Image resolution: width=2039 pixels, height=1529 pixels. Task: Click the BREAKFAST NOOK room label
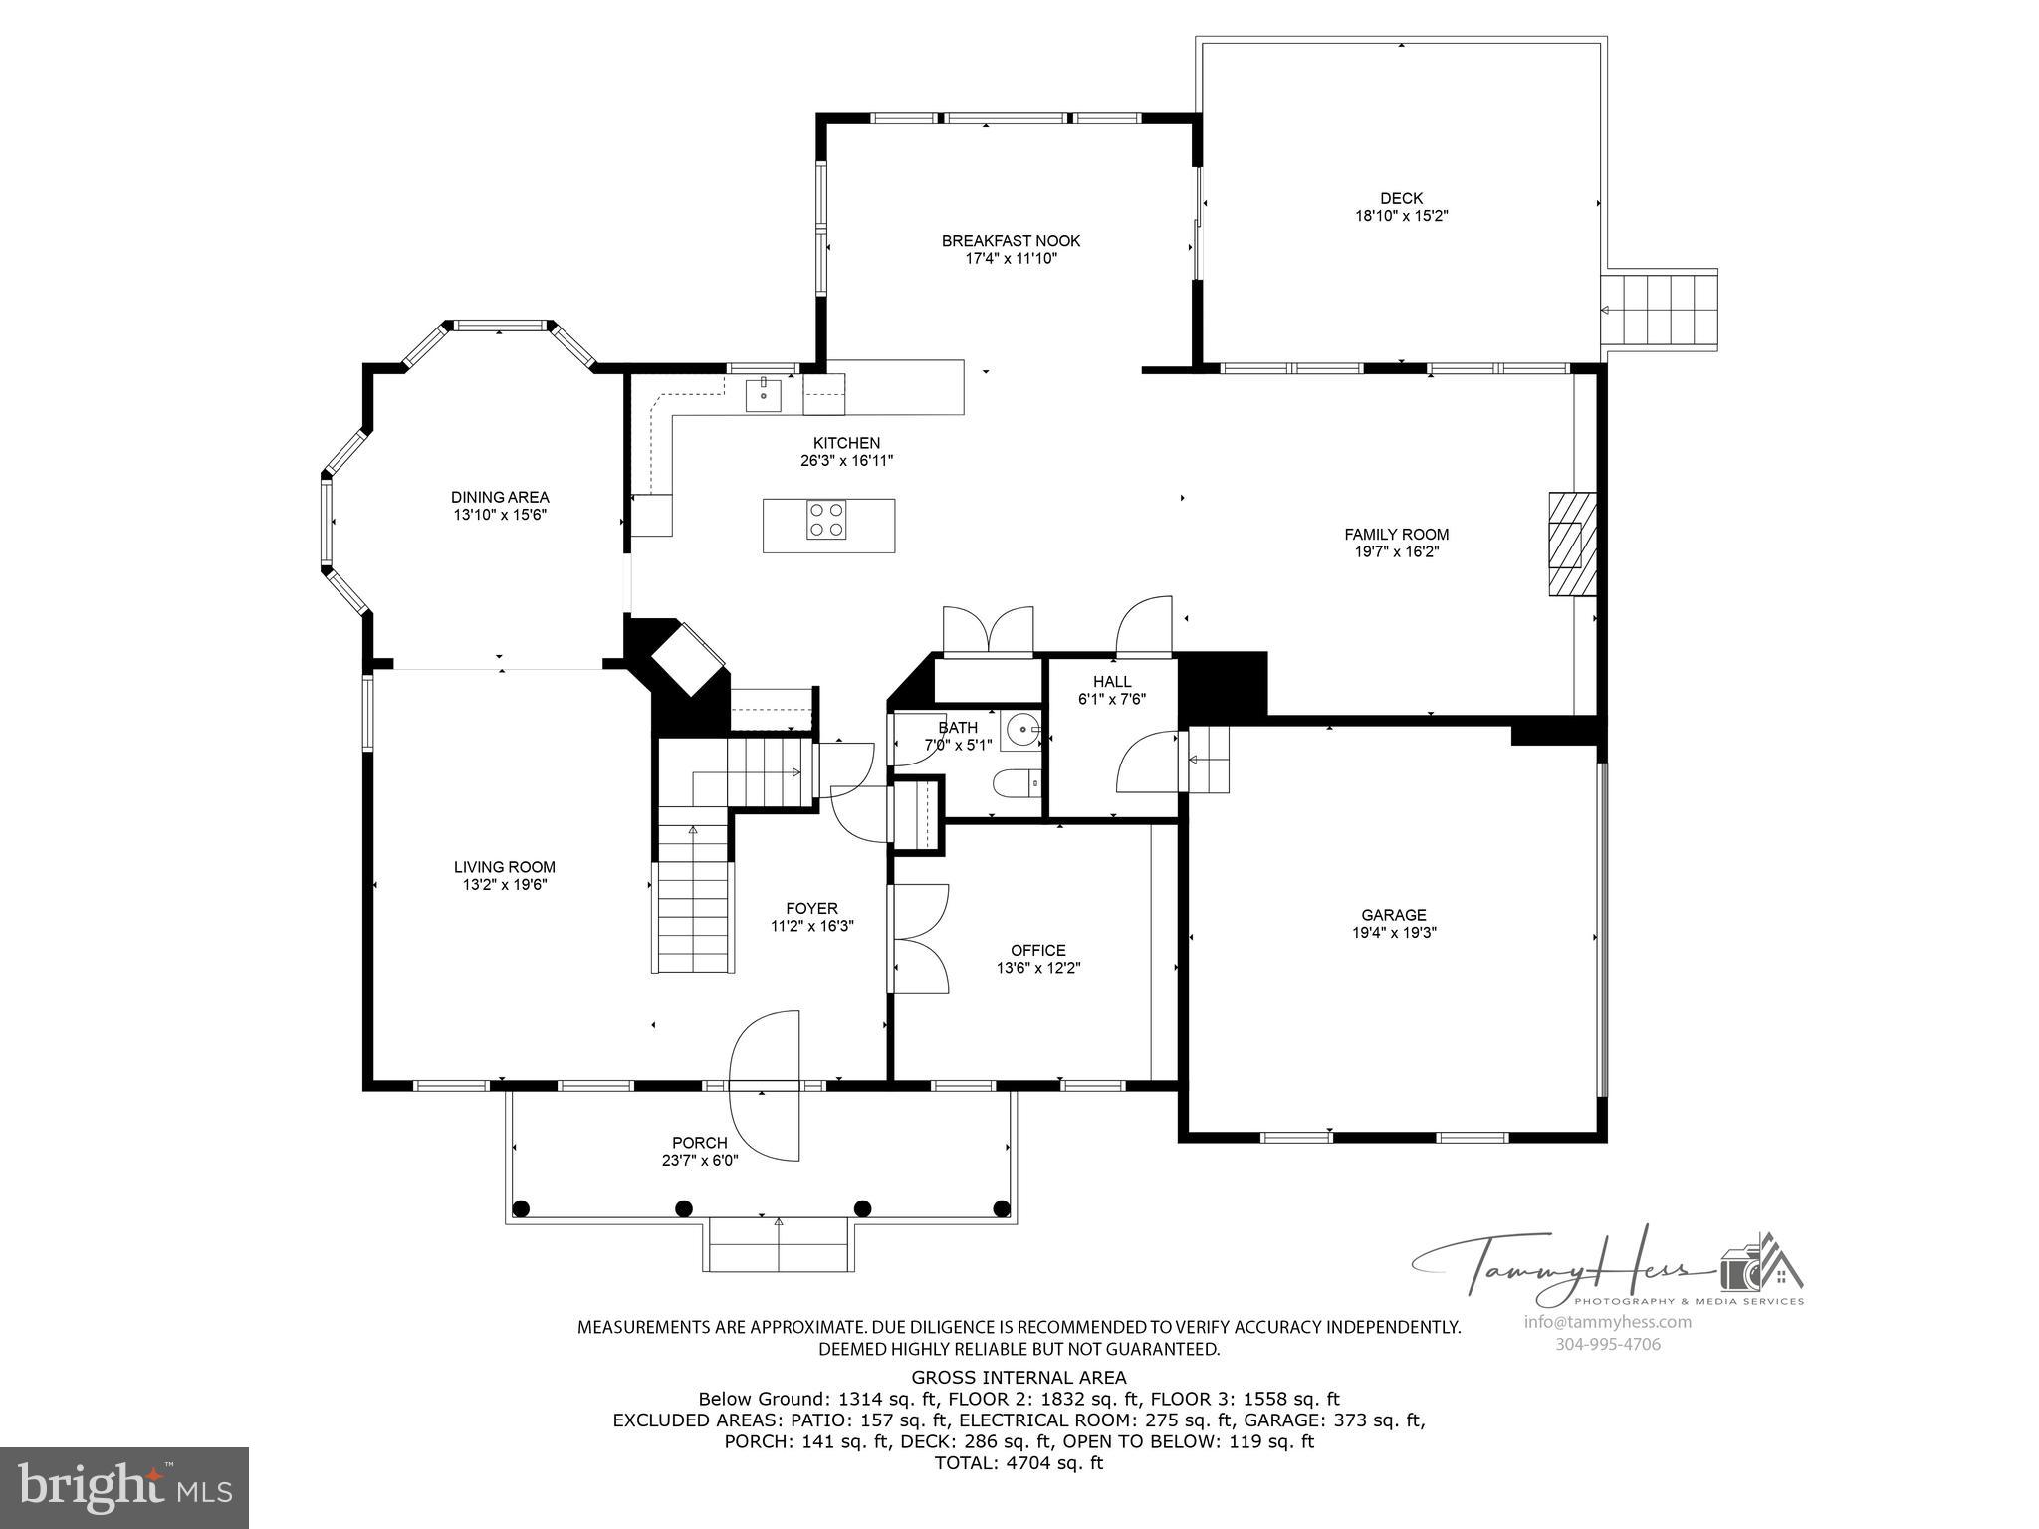(x=1011, y=241)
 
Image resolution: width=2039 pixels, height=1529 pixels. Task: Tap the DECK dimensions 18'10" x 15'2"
(x=1401, y=216)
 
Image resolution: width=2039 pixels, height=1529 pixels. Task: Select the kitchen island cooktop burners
(x=826, y=520)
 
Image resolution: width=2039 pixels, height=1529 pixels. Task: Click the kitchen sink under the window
(x=764, y=395)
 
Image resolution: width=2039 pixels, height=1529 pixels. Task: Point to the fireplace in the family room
(x=1570, y=545)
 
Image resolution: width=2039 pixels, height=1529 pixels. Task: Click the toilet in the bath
(x=1015, y=783)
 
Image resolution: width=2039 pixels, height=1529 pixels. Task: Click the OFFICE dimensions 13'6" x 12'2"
(x=1038, y=968)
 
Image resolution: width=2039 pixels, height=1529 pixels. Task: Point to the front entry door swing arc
(x=765, y=1085)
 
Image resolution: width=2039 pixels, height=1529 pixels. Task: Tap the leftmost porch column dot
(x=520, y=1208)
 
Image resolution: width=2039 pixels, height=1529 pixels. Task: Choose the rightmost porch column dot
(x=1002, y=1208)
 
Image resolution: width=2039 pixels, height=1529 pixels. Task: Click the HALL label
(x=1112, y=682)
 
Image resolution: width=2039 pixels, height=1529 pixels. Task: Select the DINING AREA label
(x=500, y=497)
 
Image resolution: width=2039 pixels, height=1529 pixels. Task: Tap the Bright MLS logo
(x=124, y=1487)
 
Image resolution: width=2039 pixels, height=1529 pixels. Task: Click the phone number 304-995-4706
(x=1607, y=1344)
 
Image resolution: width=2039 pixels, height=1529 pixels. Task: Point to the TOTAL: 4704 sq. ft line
(x=1019, y=1463)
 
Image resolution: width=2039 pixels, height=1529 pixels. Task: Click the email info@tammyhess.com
(x=1607, y=1322)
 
